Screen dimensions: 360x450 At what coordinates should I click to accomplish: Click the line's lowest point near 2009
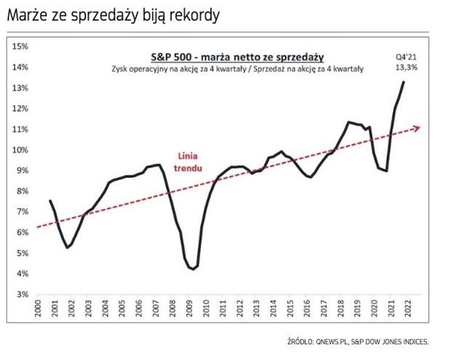(x=193, y=269)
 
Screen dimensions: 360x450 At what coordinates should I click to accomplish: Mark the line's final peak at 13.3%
(x=404, y=81)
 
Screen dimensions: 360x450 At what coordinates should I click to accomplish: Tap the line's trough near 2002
(x=67, y=248)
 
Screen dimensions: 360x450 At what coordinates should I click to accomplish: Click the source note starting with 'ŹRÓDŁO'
(x=358, y=342)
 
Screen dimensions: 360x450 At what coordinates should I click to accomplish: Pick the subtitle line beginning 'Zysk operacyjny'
(x=237, y=69)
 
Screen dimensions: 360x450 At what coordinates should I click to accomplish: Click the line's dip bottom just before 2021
(x=386, y=171)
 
